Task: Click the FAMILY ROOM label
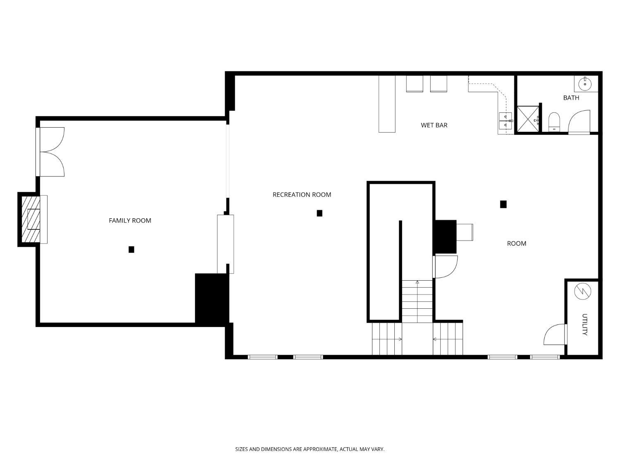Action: click(130, 221)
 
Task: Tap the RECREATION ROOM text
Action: click(302, 195)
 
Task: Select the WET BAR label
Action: click(434, 125)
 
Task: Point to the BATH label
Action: click(571, 98)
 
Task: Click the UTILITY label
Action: click(584, 324)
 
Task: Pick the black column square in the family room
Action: click(131, 249)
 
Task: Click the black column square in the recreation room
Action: click(320, 213)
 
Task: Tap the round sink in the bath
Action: click(585, 84)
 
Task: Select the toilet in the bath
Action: click(554, 122)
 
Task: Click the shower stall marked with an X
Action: click(528, 119)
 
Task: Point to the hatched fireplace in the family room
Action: click(31, 219)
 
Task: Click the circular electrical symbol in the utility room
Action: click(583, 292)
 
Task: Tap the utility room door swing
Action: click(554, 334)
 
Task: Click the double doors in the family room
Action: click(52, 152)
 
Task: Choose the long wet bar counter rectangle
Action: click(387, 104)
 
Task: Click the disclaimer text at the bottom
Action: click(310, 449)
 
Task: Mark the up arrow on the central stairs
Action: click(417, 282)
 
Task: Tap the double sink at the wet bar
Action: click(505, 120)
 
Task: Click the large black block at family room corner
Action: click(212, 298)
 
